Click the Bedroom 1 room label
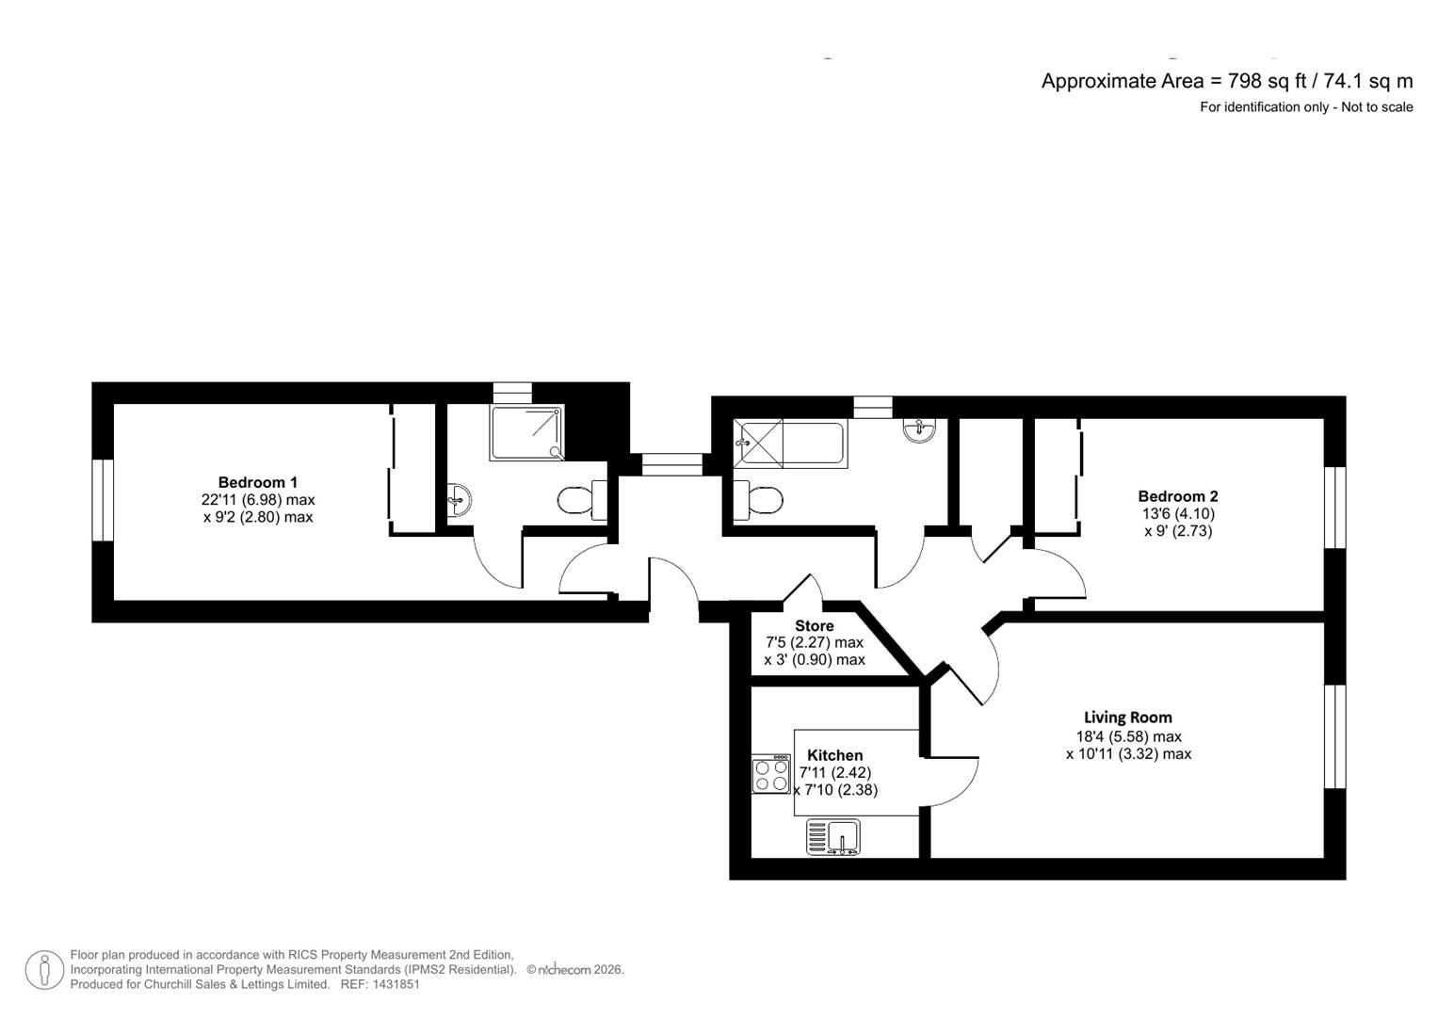(257, 482)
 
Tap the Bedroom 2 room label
(1177, 496)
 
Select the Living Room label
(1127, 718)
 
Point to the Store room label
(814, 626)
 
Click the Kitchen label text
(834, 755)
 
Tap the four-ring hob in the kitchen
(770, 774)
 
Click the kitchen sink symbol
(833, 837)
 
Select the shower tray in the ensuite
(527, 433)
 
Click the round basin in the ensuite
(458, 500)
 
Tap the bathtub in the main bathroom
(789, 444)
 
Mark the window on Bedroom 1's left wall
(103, 500)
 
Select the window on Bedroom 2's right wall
(1334, 507)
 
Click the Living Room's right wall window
(1334, 735)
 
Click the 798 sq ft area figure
(1254, 81)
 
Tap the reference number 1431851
(396, 984)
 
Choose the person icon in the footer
(44, 969)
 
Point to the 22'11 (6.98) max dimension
(257, 500)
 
